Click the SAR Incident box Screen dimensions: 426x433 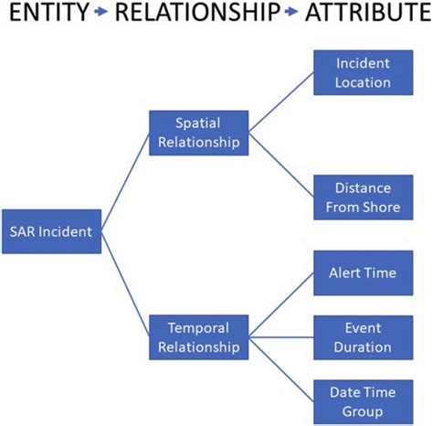[x=51, y=231]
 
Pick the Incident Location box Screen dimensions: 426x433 [x=363, y=72]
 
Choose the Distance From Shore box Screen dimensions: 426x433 [x=363, y=197]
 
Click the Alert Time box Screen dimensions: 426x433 [x=363, y=272]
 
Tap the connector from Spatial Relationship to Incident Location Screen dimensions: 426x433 [x=281, y=102]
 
